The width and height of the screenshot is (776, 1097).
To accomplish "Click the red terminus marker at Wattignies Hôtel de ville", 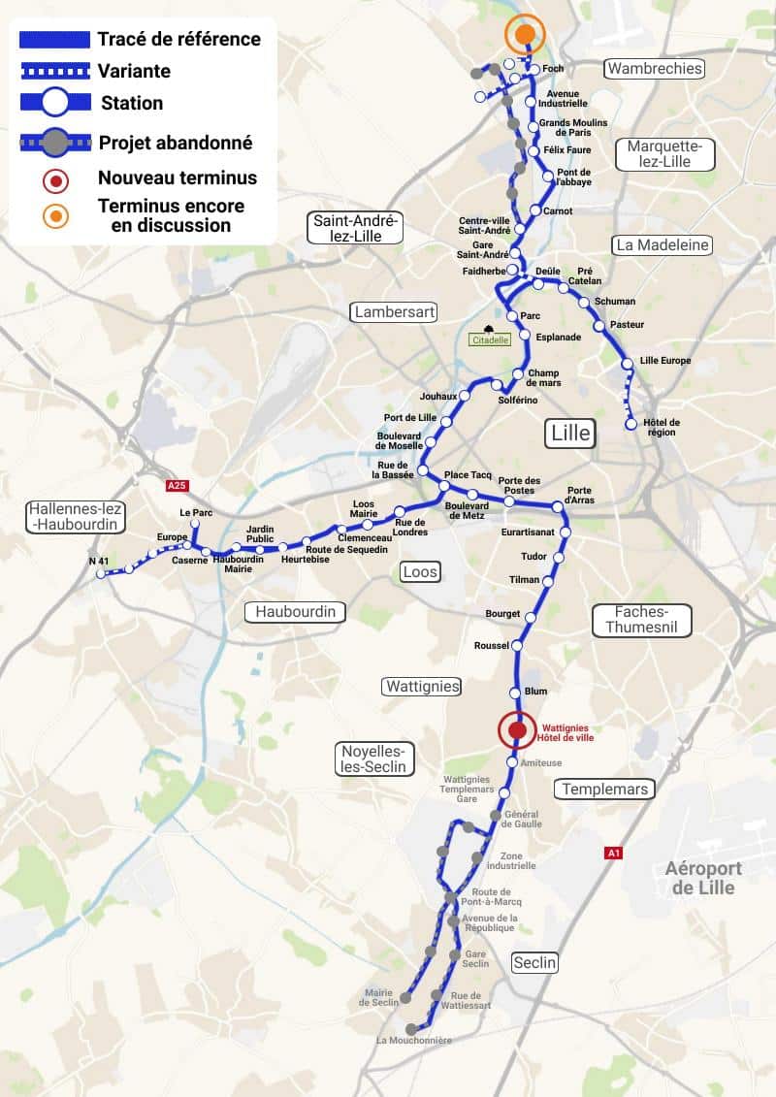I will pyautogui.click(x=517, y=730).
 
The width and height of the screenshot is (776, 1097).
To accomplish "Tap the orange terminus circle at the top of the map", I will pyautogui.click(x=525, y=35).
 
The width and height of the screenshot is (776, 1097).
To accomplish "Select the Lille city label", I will pyautogui.click(x=569, y=433).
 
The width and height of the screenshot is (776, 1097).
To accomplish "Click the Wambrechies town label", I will pyautogui.click(x=654, y=68).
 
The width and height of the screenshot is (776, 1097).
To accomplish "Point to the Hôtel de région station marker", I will pyautogui.click(x=631, y=424).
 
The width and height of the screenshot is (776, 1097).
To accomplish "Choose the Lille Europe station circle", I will pyautogui.click(x=628, y=363).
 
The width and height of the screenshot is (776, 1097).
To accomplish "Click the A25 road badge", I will pyautogui.click(x=176, y=485).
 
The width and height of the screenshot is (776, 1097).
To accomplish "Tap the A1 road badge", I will pyautogui.click(x=612, y=854).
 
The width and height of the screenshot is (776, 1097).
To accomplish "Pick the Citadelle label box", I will pyautogui.click(x=489, y=339).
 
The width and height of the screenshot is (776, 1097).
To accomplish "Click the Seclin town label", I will pyautogui.click(x=534, y=962).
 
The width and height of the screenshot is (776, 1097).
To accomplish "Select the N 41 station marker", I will pyautogui.click(x=100, y=574).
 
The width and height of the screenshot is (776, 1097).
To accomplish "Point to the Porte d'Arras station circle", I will pyautogui.click(x=557, y=506).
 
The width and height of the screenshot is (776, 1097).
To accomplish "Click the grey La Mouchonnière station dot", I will pyautogui.click(x=411, y=1029).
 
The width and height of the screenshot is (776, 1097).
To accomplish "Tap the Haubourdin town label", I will pyautogui.click(x=295, y=611).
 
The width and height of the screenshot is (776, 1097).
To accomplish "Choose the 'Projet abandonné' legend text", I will pyautogui.click(x=176, y=143).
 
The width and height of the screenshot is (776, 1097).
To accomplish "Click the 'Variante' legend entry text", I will pyautogui.click(x=134, y=71).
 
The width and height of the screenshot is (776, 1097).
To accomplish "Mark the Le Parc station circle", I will pyautogui.click(x=195, y=524).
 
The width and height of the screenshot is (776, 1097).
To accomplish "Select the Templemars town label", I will pyautogui.click(x=605, y=789).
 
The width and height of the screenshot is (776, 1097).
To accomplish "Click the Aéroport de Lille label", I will pyautogui.click(x=703, y=878).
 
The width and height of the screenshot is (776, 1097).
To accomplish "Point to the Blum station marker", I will pyautogui.click(x=516, y=692).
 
